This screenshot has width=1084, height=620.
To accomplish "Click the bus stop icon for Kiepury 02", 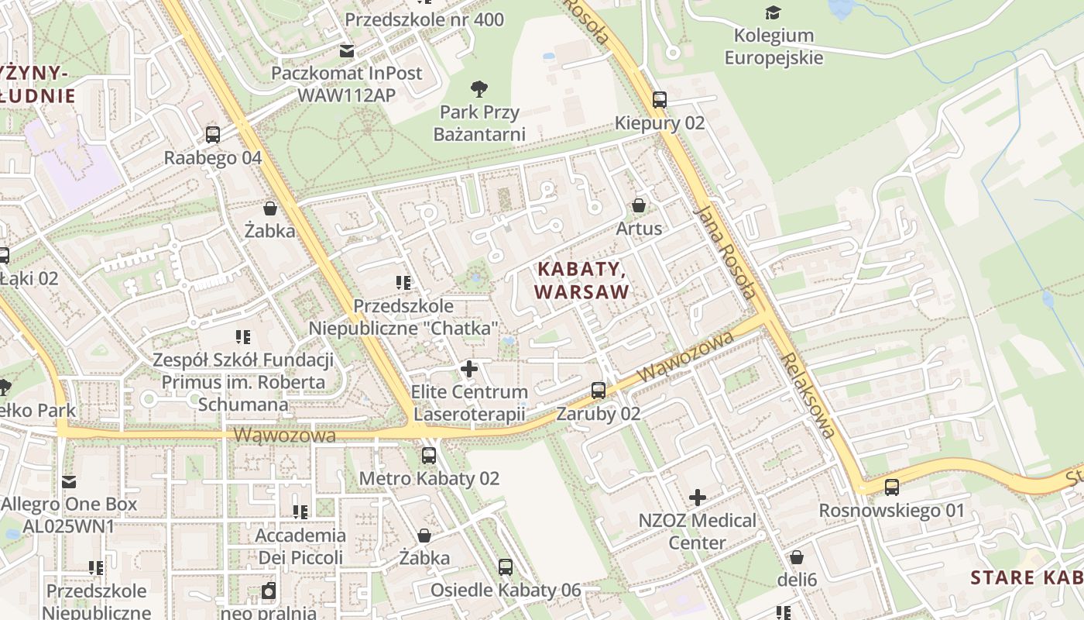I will click(659, 99).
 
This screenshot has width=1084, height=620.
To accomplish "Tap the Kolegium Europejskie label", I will click(774, 46).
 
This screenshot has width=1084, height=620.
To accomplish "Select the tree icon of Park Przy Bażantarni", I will click(479, 88).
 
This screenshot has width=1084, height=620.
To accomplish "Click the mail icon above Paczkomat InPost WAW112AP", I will click(346, 50).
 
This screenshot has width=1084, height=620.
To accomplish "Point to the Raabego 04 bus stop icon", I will click(213, 134).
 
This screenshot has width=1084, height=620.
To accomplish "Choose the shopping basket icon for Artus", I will click(639, 205).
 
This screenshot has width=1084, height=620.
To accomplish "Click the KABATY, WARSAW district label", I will click(581, 281).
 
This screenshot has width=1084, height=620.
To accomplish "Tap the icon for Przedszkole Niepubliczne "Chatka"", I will click(403, 282).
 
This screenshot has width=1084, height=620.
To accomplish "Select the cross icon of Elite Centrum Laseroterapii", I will click(469, 368).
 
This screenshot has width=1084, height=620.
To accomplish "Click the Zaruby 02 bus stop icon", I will click(599, 390).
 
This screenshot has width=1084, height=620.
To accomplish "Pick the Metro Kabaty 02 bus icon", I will click(429, 455).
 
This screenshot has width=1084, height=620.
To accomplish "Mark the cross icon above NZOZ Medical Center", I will click(698, 497).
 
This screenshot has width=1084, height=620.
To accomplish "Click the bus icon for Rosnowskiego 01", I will click(892, 487).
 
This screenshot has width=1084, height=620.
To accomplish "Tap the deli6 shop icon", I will click(797, 557).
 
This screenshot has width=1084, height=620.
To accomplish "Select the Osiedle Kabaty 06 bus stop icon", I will click(506, 567).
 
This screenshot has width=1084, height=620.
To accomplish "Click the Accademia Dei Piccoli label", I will click(300, 546).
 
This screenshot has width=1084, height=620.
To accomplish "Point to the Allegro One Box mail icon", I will click(69, 481).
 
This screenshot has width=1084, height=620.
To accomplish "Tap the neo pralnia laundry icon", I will click(269, 591).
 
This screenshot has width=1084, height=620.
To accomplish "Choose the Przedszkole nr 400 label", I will click(424, 19).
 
